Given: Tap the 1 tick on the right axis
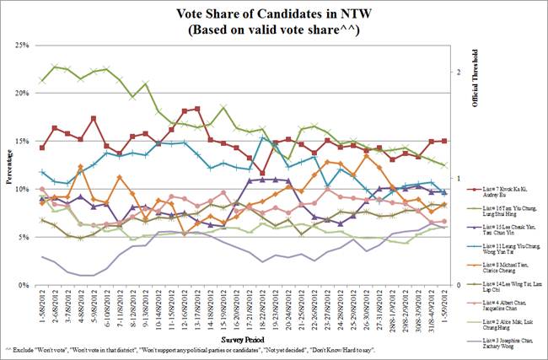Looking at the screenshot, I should point(458,179).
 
